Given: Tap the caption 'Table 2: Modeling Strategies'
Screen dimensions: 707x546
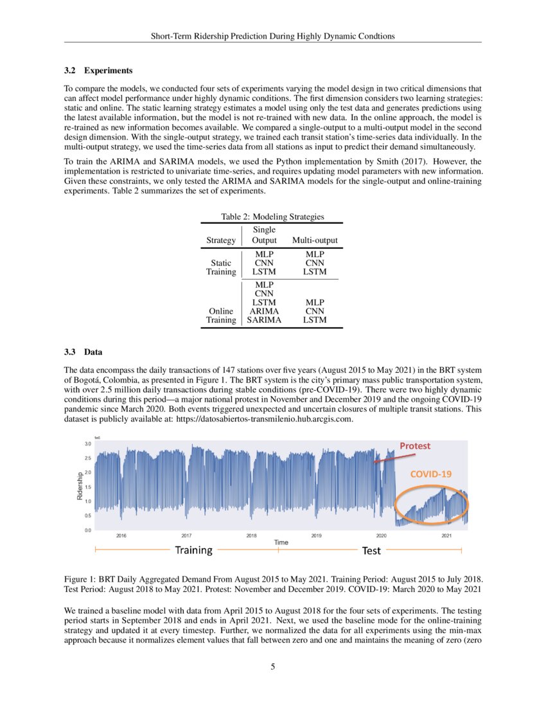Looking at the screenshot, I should coord(272,218).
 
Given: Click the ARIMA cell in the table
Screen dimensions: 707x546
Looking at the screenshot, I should coord(264,311).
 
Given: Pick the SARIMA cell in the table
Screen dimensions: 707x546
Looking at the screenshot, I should coord(264,319).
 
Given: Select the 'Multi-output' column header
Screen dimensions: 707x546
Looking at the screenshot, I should coord(315,240).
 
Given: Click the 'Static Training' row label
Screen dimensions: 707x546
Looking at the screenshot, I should coord(221,267).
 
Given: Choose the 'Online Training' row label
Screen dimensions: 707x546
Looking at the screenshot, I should coord(221,315).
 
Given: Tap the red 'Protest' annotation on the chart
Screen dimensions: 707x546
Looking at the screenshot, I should coord(415,446).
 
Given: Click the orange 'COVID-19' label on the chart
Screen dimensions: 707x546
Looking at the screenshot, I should coord(432,474).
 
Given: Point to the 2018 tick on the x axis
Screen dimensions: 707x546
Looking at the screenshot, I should coord(252,535).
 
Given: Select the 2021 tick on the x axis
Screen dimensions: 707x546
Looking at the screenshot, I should coord(446,535).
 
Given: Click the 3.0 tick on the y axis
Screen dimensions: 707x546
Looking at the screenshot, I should coord(88,443).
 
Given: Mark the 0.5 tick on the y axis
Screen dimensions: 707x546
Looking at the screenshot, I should coord(88,515).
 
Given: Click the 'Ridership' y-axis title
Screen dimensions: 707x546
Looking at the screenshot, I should coord(79,487).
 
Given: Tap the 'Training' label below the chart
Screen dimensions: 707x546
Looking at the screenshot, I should coord(194,550).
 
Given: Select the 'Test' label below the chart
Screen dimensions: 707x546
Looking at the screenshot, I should coord(371,551).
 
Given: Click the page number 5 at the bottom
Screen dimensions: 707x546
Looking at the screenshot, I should coord(273,667).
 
